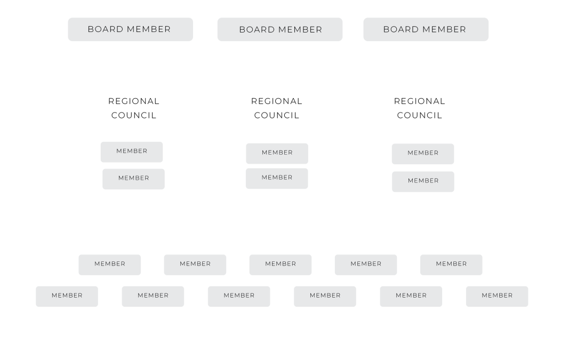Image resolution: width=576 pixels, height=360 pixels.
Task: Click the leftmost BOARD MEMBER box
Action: [131, 29]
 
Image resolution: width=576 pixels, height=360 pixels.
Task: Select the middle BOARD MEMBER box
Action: [280, 29]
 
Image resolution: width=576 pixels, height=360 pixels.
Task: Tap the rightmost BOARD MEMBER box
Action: [426, 29]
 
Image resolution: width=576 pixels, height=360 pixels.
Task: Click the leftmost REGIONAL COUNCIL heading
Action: [134, 108]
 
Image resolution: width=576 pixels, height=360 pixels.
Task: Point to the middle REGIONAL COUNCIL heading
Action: [277, 108]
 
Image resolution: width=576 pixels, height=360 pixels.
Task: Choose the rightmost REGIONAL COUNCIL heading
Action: [420, 108]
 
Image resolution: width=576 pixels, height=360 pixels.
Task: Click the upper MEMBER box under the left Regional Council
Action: [132, 152]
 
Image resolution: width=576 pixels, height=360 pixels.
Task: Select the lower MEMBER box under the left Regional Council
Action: [133, 179]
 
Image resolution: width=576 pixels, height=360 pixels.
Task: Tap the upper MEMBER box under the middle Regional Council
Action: [277, 154]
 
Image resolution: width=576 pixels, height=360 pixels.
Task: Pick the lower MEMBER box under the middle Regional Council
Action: [277, 179]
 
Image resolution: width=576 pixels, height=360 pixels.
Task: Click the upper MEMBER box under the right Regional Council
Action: [423, 154]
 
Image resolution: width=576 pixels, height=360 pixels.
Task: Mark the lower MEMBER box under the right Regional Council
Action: [423, 182]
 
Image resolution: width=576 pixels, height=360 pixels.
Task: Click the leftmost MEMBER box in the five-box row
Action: [109, 265]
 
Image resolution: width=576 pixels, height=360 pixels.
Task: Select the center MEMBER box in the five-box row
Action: [281, 265]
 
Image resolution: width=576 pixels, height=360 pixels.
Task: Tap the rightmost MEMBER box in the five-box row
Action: [451, 265]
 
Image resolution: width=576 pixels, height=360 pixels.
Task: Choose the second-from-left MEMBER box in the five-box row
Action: [195, 265]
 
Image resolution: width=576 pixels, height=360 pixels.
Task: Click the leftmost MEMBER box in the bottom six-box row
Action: [67, 297]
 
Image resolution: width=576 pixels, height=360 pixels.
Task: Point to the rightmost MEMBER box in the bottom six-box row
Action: [497, 297]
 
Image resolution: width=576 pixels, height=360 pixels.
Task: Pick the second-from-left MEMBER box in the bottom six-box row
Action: [153, 297]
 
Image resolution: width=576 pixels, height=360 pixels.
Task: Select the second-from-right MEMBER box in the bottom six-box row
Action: [411, 297]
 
